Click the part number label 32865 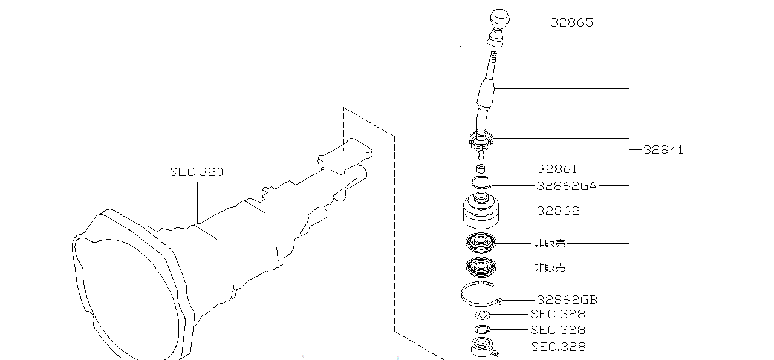click(x=571, y=22)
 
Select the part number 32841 click(x=663, y=150)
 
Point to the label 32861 click(x=557, y=169)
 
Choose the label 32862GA click(x=566, y=186)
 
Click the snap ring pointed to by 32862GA click(x=481, y=183)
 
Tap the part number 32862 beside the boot click(x=558, y=211)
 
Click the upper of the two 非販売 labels click(x=550, y=244)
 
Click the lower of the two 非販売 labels click(x=550, y=267)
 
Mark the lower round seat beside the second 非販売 click(x=481, y=266)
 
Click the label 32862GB click(x=567, y=299)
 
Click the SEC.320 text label click(x=197, y=172)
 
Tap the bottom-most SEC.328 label click(x=558, y=347)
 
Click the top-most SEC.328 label click(x=558, y=314)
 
